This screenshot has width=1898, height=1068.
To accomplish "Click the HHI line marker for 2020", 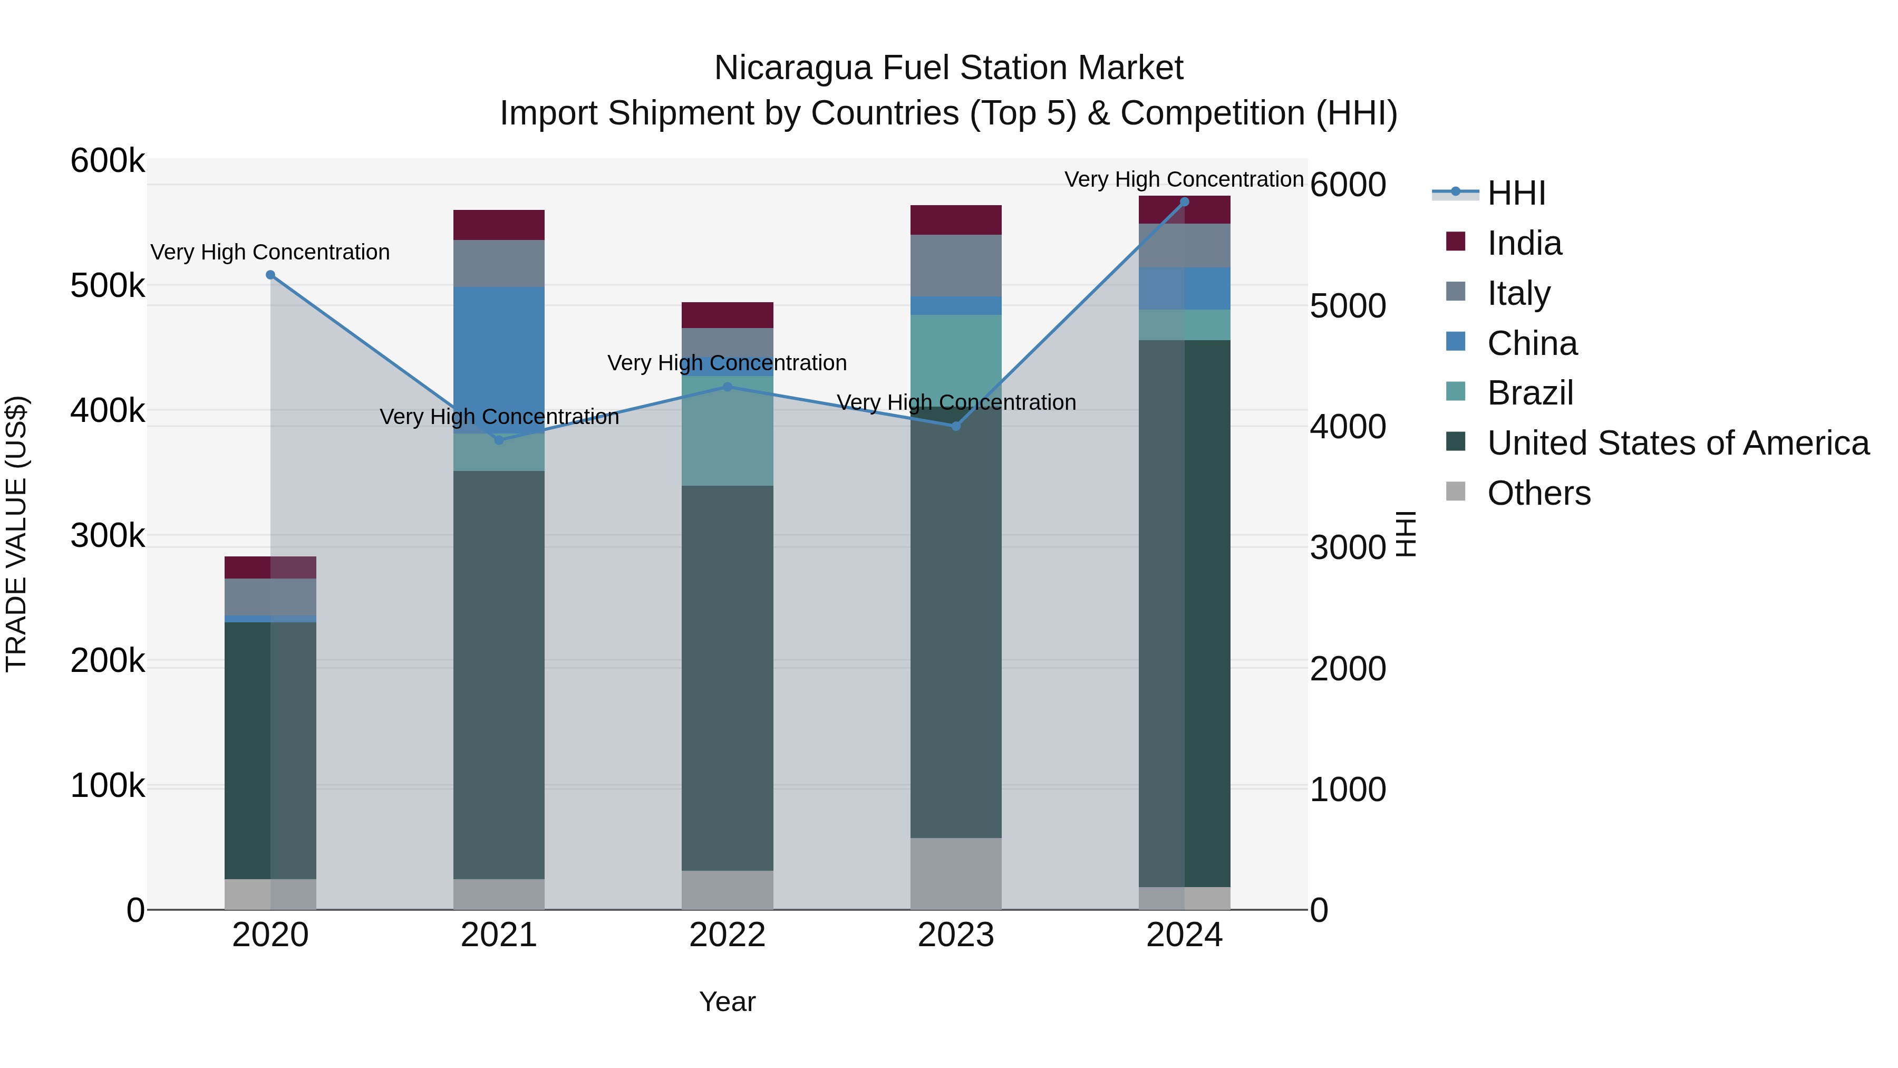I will tap(270, 275).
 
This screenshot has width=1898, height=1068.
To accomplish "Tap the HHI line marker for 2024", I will tap(1185, 202).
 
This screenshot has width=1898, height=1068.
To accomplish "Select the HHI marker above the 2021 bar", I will tap(499, 440).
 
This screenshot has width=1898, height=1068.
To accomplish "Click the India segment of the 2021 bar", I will tap(499, 225).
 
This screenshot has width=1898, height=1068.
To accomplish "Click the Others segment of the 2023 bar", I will tap(956, 873).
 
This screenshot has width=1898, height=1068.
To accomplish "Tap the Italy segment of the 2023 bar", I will tap(956, 265).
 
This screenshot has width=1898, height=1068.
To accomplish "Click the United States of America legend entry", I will tap(1678, 443).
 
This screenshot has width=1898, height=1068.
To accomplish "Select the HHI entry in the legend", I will tap(1516, 193).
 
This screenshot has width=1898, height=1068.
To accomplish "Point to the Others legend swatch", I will tap(1456, 491).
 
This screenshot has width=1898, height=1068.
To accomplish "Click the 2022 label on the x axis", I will tap(727, 935).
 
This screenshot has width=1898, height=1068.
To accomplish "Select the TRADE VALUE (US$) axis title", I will tap(16, 534).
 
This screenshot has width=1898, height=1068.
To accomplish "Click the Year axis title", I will tap(727, 1002).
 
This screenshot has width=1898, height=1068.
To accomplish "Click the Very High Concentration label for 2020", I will tap(270, 252).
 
